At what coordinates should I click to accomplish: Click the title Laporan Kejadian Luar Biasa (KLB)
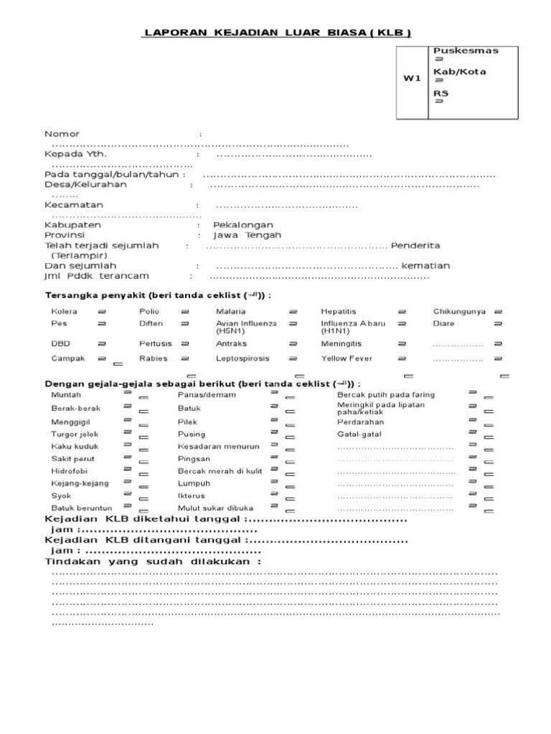278,32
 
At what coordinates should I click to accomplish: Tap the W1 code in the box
411,79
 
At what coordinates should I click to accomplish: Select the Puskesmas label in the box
465,51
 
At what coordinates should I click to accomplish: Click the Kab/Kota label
459,72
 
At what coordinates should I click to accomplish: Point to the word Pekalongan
243,225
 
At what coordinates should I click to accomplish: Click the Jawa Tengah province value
248,235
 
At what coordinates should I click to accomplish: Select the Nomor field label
62,134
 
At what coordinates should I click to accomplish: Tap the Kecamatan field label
74,205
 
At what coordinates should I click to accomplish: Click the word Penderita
415,246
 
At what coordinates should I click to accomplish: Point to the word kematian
425,266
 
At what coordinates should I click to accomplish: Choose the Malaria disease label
231,312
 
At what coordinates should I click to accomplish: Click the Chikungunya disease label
459,312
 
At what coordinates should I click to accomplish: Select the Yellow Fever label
346,358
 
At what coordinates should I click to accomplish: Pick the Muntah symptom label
66,395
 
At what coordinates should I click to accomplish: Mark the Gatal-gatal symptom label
359,434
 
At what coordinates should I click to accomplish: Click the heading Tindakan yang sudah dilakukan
153,562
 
